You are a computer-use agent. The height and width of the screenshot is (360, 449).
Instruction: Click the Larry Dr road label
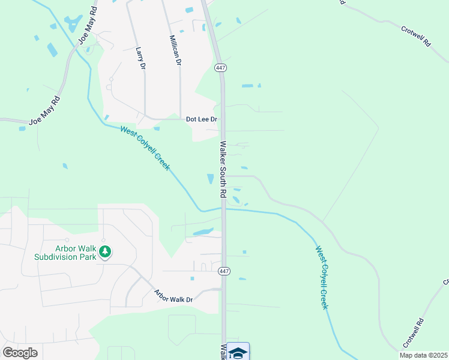141,58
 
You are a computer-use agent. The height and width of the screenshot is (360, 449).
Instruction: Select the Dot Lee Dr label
200,119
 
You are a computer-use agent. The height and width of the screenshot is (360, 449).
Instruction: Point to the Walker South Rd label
223,170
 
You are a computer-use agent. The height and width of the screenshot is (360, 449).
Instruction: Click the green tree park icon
105,251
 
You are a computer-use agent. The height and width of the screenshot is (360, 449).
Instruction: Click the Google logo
20,353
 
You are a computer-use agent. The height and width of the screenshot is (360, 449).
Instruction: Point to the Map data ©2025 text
423,355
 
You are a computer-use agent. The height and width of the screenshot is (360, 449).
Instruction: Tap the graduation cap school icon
238,352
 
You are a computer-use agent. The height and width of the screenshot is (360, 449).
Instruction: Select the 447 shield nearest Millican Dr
220,68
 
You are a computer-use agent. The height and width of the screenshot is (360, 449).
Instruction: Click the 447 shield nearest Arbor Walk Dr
224,271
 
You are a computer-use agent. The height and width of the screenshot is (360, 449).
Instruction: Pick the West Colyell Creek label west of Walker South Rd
145,147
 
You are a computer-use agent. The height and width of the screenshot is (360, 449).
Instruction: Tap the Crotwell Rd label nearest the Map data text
414,334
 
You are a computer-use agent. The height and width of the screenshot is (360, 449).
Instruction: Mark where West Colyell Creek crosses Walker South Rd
223,209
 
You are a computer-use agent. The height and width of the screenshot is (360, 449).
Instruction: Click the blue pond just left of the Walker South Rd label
210,179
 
